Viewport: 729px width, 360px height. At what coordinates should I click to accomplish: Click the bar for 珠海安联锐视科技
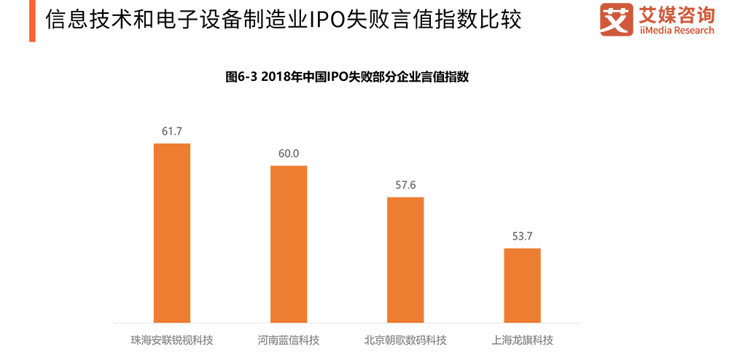(x=171, y=232)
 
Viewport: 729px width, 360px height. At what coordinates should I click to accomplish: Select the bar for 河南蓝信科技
(x=289, y=243)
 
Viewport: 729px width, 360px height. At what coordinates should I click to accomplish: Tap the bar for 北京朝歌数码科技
(x=405, y=259)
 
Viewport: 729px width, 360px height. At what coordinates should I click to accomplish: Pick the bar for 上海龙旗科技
(x=522, y=285)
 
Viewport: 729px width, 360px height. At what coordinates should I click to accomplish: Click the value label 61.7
(x=171, y=131)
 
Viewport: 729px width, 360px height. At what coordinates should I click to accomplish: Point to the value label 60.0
(x=289, y=154)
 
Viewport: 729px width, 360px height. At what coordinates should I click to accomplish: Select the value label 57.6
(x=405, y=185)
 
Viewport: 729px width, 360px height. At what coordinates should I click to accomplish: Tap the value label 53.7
(x=522, y=236)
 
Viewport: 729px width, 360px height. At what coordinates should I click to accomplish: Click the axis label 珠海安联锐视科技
(x=171, y=340)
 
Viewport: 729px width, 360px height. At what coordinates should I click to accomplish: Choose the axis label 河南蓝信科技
(x=289, y=340)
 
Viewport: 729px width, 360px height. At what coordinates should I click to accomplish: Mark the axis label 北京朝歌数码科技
(x=405, y=340)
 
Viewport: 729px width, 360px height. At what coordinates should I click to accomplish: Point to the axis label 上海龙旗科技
(x=522, y=340)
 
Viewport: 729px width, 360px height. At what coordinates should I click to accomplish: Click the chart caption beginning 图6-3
(x=346, y=77)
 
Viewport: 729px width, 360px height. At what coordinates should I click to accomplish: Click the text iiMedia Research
(x=676, y=31)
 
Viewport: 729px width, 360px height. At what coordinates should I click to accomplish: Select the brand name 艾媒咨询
(x=676, y=14)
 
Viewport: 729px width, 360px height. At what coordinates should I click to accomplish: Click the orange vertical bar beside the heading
(x=32, y=20)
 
